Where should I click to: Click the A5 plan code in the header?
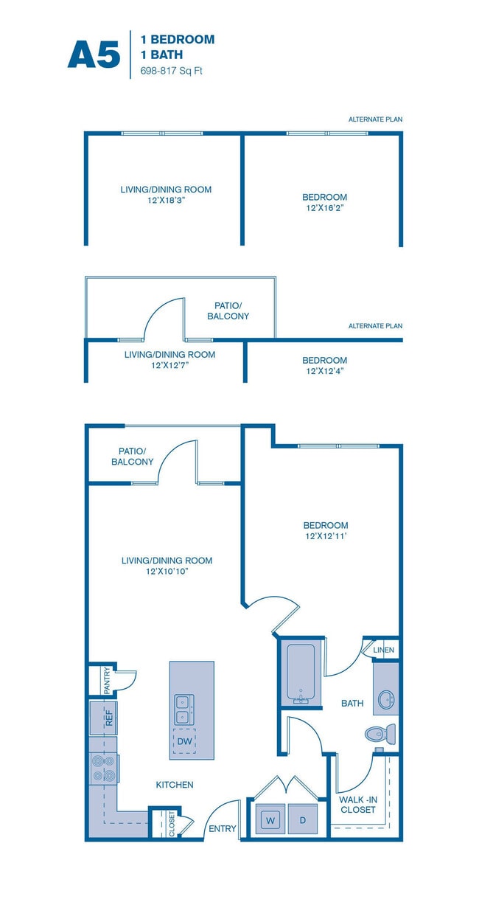click(x=94, y=55)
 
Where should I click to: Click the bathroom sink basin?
click(x=386, y=698)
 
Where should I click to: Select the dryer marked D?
click(x=302, y=819)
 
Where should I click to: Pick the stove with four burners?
click(x=102, y=769)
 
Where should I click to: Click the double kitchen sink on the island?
click(x=183, y=710)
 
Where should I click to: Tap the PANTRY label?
click(x=107, y=680)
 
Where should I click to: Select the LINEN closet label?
click(x=384, y=650)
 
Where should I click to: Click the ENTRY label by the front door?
click(x=222, y=828)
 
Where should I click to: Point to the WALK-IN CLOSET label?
click(x=357, y=804)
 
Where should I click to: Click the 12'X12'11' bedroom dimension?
click(x=325, y=536)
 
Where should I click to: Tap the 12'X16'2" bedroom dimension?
click(x=325, y=208)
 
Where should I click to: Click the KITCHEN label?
click(x=175, y=785)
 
